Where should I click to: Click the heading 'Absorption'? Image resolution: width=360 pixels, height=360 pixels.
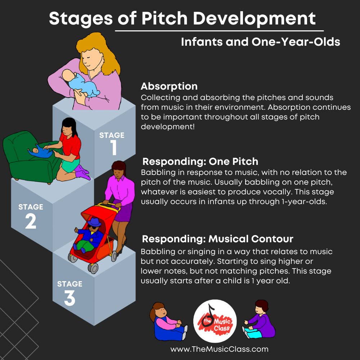(x=169, y=87)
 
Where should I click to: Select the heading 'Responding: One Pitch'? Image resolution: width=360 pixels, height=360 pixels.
(x=200, y=161)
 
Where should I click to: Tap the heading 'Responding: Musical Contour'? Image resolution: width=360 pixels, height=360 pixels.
(x=217, y=239)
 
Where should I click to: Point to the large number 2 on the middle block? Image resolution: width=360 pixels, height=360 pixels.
(x=31, y=222)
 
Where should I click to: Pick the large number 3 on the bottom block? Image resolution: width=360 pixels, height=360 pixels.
(x=69, y=298)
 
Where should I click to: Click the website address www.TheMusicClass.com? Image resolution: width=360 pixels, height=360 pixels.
(x=219, y=349)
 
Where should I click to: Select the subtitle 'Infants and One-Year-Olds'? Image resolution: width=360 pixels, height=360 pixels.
(x=260, y=42)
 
